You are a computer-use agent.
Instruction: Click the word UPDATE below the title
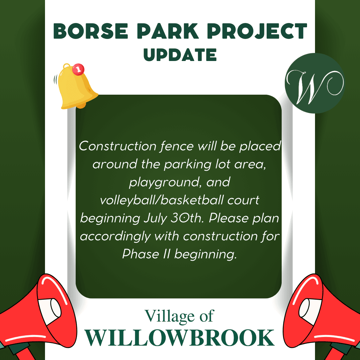[180, 54]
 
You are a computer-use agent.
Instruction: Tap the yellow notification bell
[76, 87]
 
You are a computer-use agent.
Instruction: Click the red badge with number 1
[78, 69]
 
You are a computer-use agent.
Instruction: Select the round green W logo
[315, 83]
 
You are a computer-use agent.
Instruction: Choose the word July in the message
[155, 219]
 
